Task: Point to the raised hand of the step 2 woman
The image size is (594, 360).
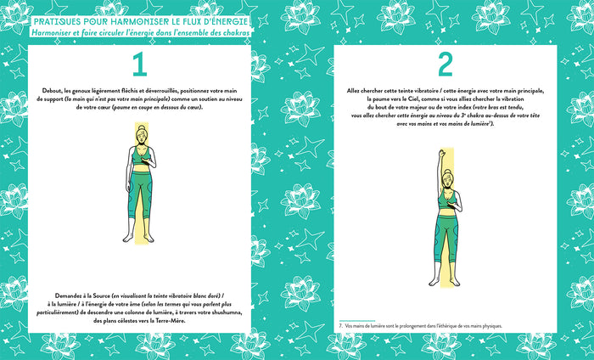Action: click(438, 153)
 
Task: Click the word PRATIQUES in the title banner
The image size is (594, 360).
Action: click(56, 19)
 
